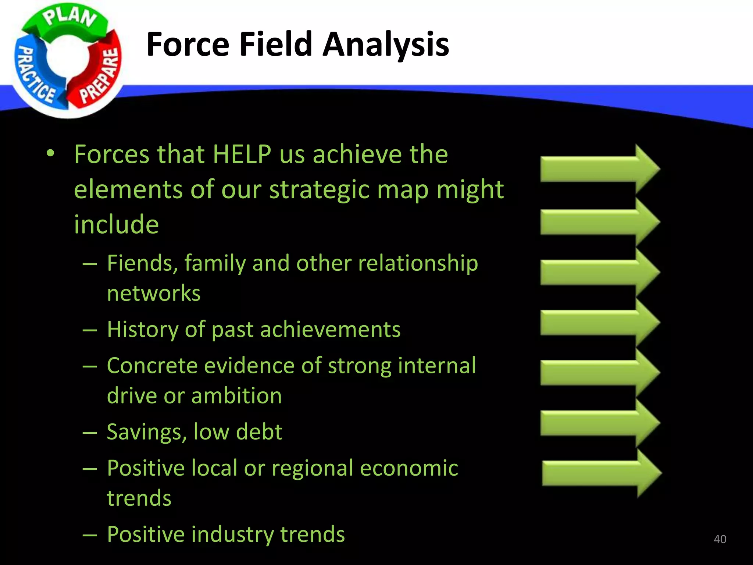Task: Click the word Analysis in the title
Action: click(386, 45)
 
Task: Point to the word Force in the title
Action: click(188, 45)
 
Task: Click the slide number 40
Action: click(720, 539)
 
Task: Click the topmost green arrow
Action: click(599, 169)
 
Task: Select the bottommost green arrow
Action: click(601, 473)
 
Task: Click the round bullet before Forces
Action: click(50, 153)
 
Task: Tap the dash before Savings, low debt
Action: click(90, 433)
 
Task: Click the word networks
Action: click(154, 294)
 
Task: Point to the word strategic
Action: click(319, 190)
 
